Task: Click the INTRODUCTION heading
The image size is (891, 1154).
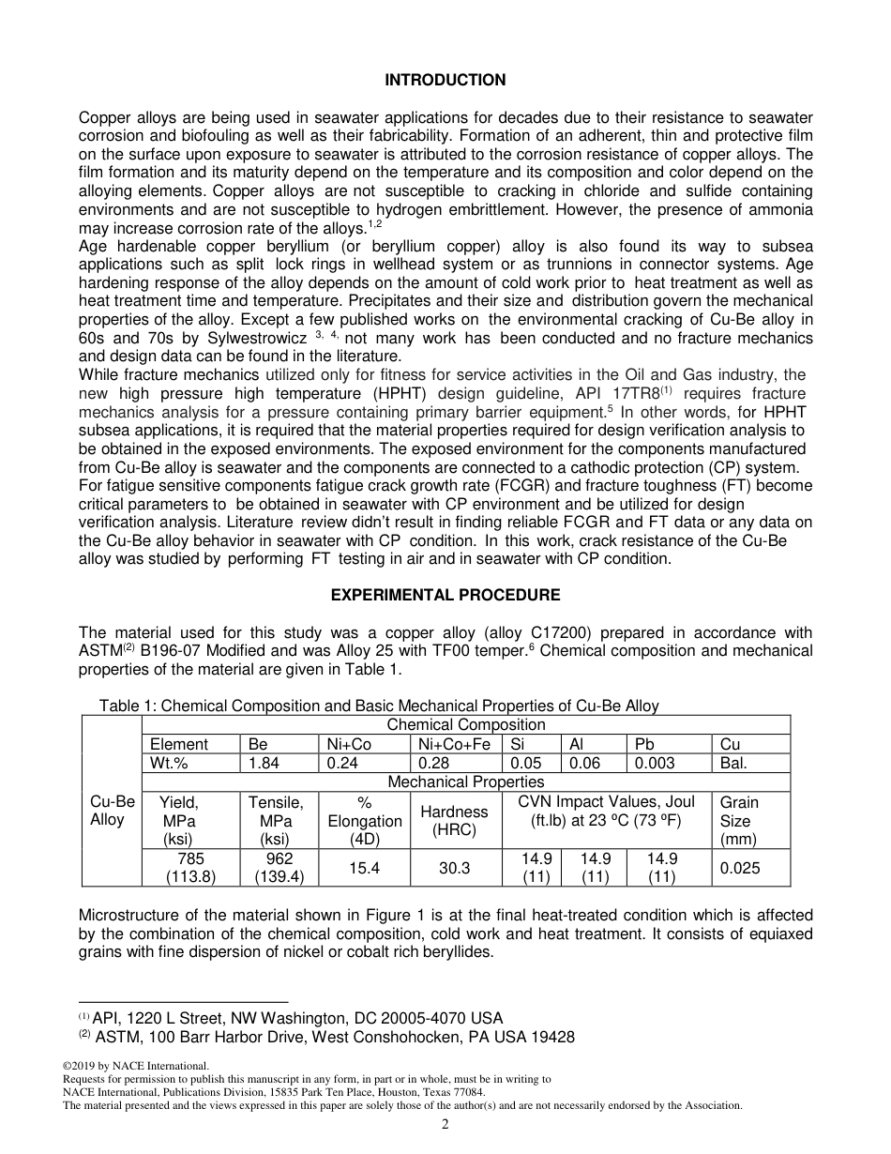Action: (445, 81)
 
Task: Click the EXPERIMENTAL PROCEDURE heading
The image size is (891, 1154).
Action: (445, 596)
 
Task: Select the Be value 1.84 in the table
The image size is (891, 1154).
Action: (264, 764)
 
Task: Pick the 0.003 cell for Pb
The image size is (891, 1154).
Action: (655, 764)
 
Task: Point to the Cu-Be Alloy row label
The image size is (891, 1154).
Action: (113, 811)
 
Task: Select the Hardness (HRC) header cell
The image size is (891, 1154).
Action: (454, 820)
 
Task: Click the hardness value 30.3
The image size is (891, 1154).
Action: (454, 869)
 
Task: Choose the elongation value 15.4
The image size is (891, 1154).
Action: (364, 869)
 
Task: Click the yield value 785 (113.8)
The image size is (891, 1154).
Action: (190, 869)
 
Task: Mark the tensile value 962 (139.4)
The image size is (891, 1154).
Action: (279, 869)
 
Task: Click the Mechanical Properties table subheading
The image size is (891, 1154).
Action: (465, 782)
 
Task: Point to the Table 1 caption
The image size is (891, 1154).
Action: (379, 706)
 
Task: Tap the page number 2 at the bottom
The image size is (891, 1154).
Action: (445, 1124)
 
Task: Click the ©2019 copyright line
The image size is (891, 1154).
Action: (135, 1066)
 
